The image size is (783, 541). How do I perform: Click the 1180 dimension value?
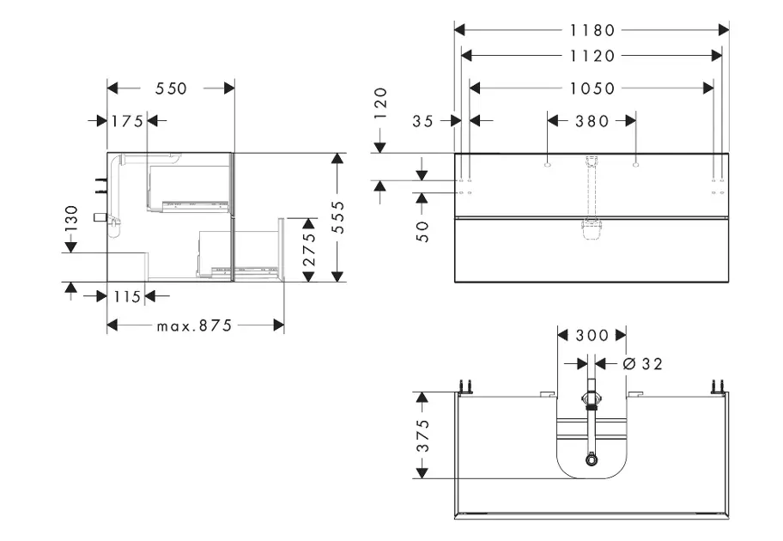592,30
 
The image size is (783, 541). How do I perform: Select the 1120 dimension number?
592,56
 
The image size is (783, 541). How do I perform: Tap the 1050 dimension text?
592,88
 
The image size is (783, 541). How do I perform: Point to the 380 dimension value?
592,121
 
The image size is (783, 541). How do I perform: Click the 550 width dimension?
171,88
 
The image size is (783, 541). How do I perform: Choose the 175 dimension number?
127,121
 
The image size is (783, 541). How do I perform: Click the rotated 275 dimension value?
310,249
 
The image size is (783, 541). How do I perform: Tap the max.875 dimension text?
195,325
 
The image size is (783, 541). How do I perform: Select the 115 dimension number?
126,296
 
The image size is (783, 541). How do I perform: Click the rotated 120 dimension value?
380,103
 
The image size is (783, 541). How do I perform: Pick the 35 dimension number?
422,121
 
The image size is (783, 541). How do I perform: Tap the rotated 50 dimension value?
422,230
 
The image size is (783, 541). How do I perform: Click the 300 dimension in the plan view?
592,334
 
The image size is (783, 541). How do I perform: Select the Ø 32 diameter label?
641,364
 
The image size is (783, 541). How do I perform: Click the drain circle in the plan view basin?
592,459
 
